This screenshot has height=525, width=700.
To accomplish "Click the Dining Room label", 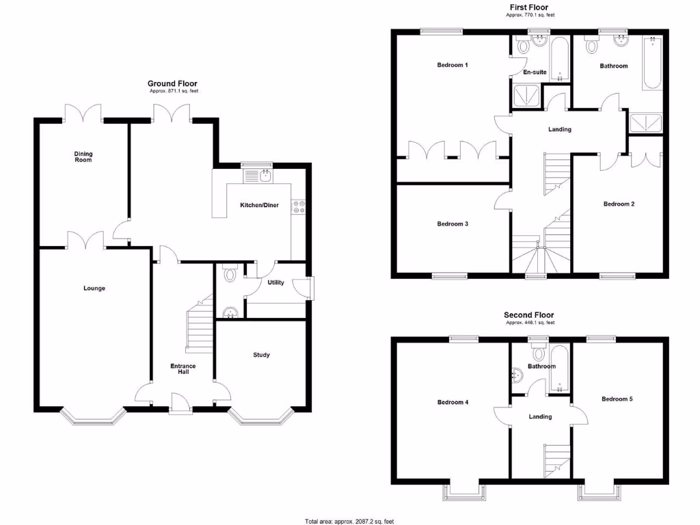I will coord(83,157).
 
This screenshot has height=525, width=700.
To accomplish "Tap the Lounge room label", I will coord(94,288).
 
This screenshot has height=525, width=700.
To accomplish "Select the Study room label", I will coord(261,355).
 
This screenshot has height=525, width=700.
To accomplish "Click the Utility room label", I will coord(276,282).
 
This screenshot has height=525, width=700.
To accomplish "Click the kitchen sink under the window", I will coord(258,176).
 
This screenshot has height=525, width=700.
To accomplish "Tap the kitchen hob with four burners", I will coord(298,206).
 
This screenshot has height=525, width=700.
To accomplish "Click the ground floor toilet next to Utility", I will coord(230,275).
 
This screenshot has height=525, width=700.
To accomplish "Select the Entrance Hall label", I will coord(183,369).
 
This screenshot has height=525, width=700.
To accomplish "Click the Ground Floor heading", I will coord(172,83).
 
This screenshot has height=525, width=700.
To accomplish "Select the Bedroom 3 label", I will coord(453,224).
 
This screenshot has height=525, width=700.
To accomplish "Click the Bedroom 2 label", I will coord(619,204).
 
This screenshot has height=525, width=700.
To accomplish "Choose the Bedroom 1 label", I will coord(453,65).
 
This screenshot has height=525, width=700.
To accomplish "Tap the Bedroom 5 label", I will coord(617,399).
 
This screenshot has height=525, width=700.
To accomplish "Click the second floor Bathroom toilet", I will coord(538,353).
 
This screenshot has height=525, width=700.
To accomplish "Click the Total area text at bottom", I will coord(349,521).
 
